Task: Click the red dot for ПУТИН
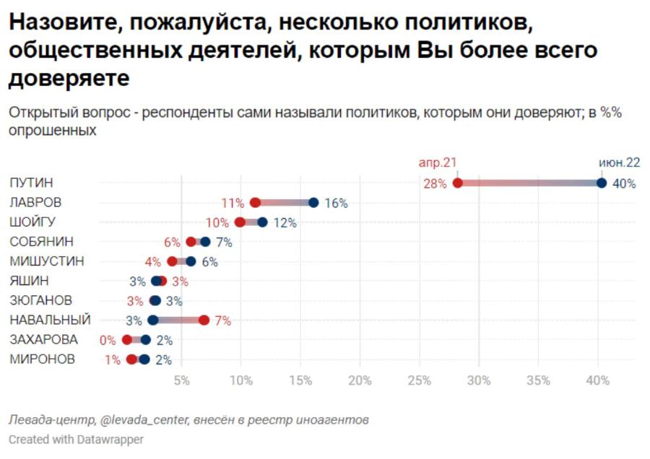457,183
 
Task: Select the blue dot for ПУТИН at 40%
602,183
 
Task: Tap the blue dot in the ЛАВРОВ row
314,203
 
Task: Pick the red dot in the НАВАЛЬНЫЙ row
204,320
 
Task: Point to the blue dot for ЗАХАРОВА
145,340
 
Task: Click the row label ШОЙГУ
32,222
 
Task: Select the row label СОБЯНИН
41,242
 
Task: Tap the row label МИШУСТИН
47,261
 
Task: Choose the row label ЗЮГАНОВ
40,300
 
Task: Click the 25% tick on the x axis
420,380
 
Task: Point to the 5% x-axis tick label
181,380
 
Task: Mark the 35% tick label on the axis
538,380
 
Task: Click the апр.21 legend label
438,162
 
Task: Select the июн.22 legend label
620,162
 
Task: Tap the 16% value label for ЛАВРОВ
336,203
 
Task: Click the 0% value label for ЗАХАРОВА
108,340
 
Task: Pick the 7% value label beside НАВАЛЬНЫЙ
223,320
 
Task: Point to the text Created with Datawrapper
77,439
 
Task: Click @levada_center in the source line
144,420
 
